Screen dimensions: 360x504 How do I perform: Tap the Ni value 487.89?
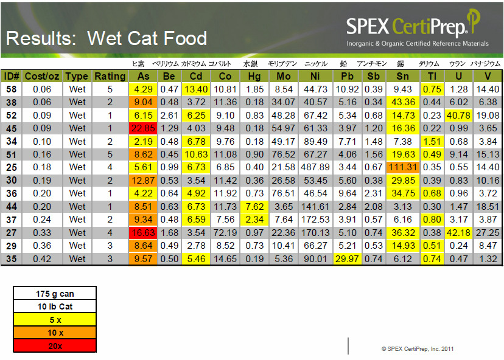315,167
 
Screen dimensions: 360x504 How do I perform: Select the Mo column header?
284,76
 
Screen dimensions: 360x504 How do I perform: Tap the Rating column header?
110,76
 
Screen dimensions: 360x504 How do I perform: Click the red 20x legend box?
55,345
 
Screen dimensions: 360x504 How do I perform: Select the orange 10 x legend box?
55,333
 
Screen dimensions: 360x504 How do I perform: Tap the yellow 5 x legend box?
55,319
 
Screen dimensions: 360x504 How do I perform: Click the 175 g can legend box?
55,294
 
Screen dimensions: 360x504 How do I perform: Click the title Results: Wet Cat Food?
107,38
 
